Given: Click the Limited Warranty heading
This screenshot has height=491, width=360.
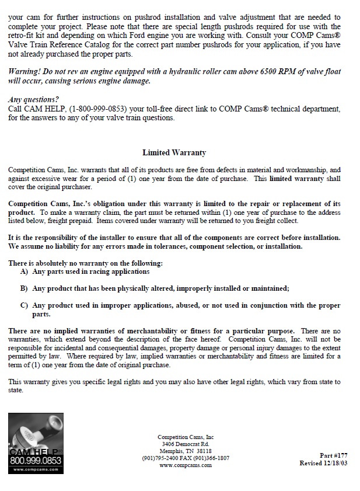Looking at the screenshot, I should pos(174,153).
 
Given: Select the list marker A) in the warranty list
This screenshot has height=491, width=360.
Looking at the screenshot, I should pos(24,271).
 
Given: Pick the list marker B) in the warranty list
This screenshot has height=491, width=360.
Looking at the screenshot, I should pos(24,288).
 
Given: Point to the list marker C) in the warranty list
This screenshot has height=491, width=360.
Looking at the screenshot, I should pos(24,305).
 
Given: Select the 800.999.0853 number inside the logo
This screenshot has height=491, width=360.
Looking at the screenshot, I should pos(36,460).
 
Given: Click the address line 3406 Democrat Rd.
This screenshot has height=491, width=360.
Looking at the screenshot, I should pos(186,444).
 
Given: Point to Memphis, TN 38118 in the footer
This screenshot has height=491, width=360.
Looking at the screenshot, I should pos(186,451).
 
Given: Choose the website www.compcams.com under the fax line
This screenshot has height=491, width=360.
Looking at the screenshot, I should pos(186,465).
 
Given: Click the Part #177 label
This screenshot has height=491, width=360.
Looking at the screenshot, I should pos(334,455).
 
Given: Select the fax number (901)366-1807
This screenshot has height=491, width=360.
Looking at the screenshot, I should pos(209,458).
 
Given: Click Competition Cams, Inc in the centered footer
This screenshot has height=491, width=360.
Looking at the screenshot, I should pos(186,437).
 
